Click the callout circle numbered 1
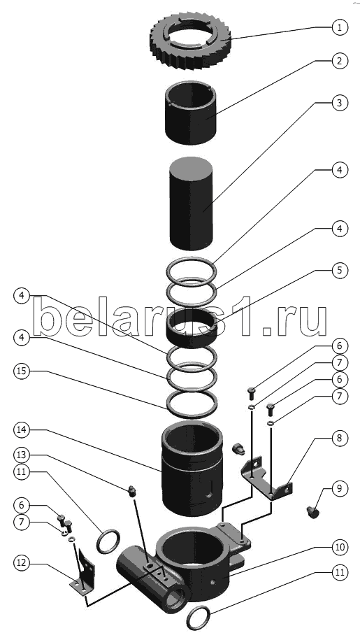tap(340, 28)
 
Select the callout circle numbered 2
tap(340, 62)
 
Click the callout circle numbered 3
tap(340, 103)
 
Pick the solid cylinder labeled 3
tap(191, 204)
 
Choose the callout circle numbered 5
tap(340, 270)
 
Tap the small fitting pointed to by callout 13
tap(131, 492)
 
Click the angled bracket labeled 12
tap(84, 574)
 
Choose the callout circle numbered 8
tap(340, 439)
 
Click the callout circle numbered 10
tap(340, 547)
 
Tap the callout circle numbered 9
tap(340, 489)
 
